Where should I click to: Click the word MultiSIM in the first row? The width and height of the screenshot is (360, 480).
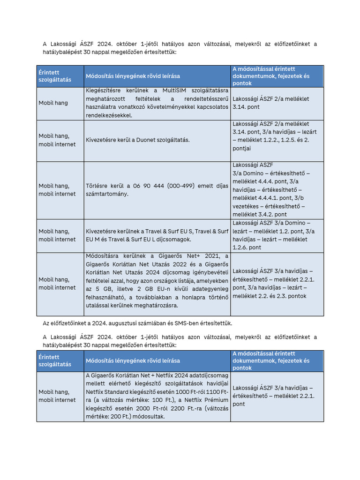click(176, 90)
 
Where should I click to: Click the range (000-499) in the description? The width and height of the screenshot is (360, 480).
click(187, 186)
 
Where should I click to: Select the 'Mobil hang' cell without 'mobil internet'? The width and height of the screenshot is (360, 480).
click(53, 103)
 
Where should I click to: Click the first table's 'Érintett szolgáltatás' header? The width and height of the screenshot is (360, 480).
click(55, 76)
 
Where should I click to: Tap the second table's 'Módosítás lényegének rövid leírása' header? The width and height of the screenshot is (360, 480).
click(133, 361)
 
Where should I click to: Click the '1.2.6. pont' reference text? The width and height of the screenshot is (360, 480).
click(247, 247)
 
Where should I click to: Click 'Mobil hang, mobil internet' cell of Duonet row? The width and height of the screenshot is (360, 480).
click(57, 140)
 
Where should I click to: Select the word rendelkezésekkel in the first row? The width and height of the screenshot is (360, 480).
click(109, 115)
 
